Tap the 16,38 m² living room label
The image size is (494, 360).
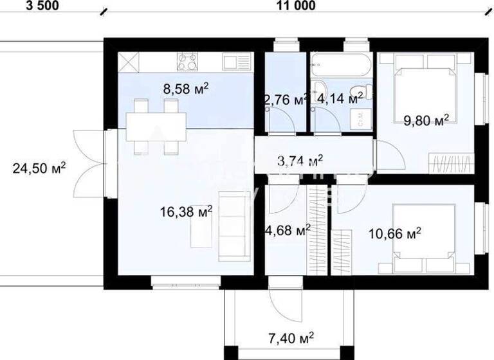pyautogui.click(x=187, y=210)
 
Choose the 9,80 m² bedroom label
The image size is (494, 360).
pyautogui.click(x=425, y=120)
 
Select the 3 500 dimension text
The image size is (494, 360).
pyautogui.click(x=24, y=6)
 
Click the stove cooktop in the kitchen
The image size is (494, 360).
pyautogui.click(x=187, y=62)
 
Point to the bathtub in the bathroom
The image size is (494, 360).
pyautogui.click(x=340, y=64)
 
